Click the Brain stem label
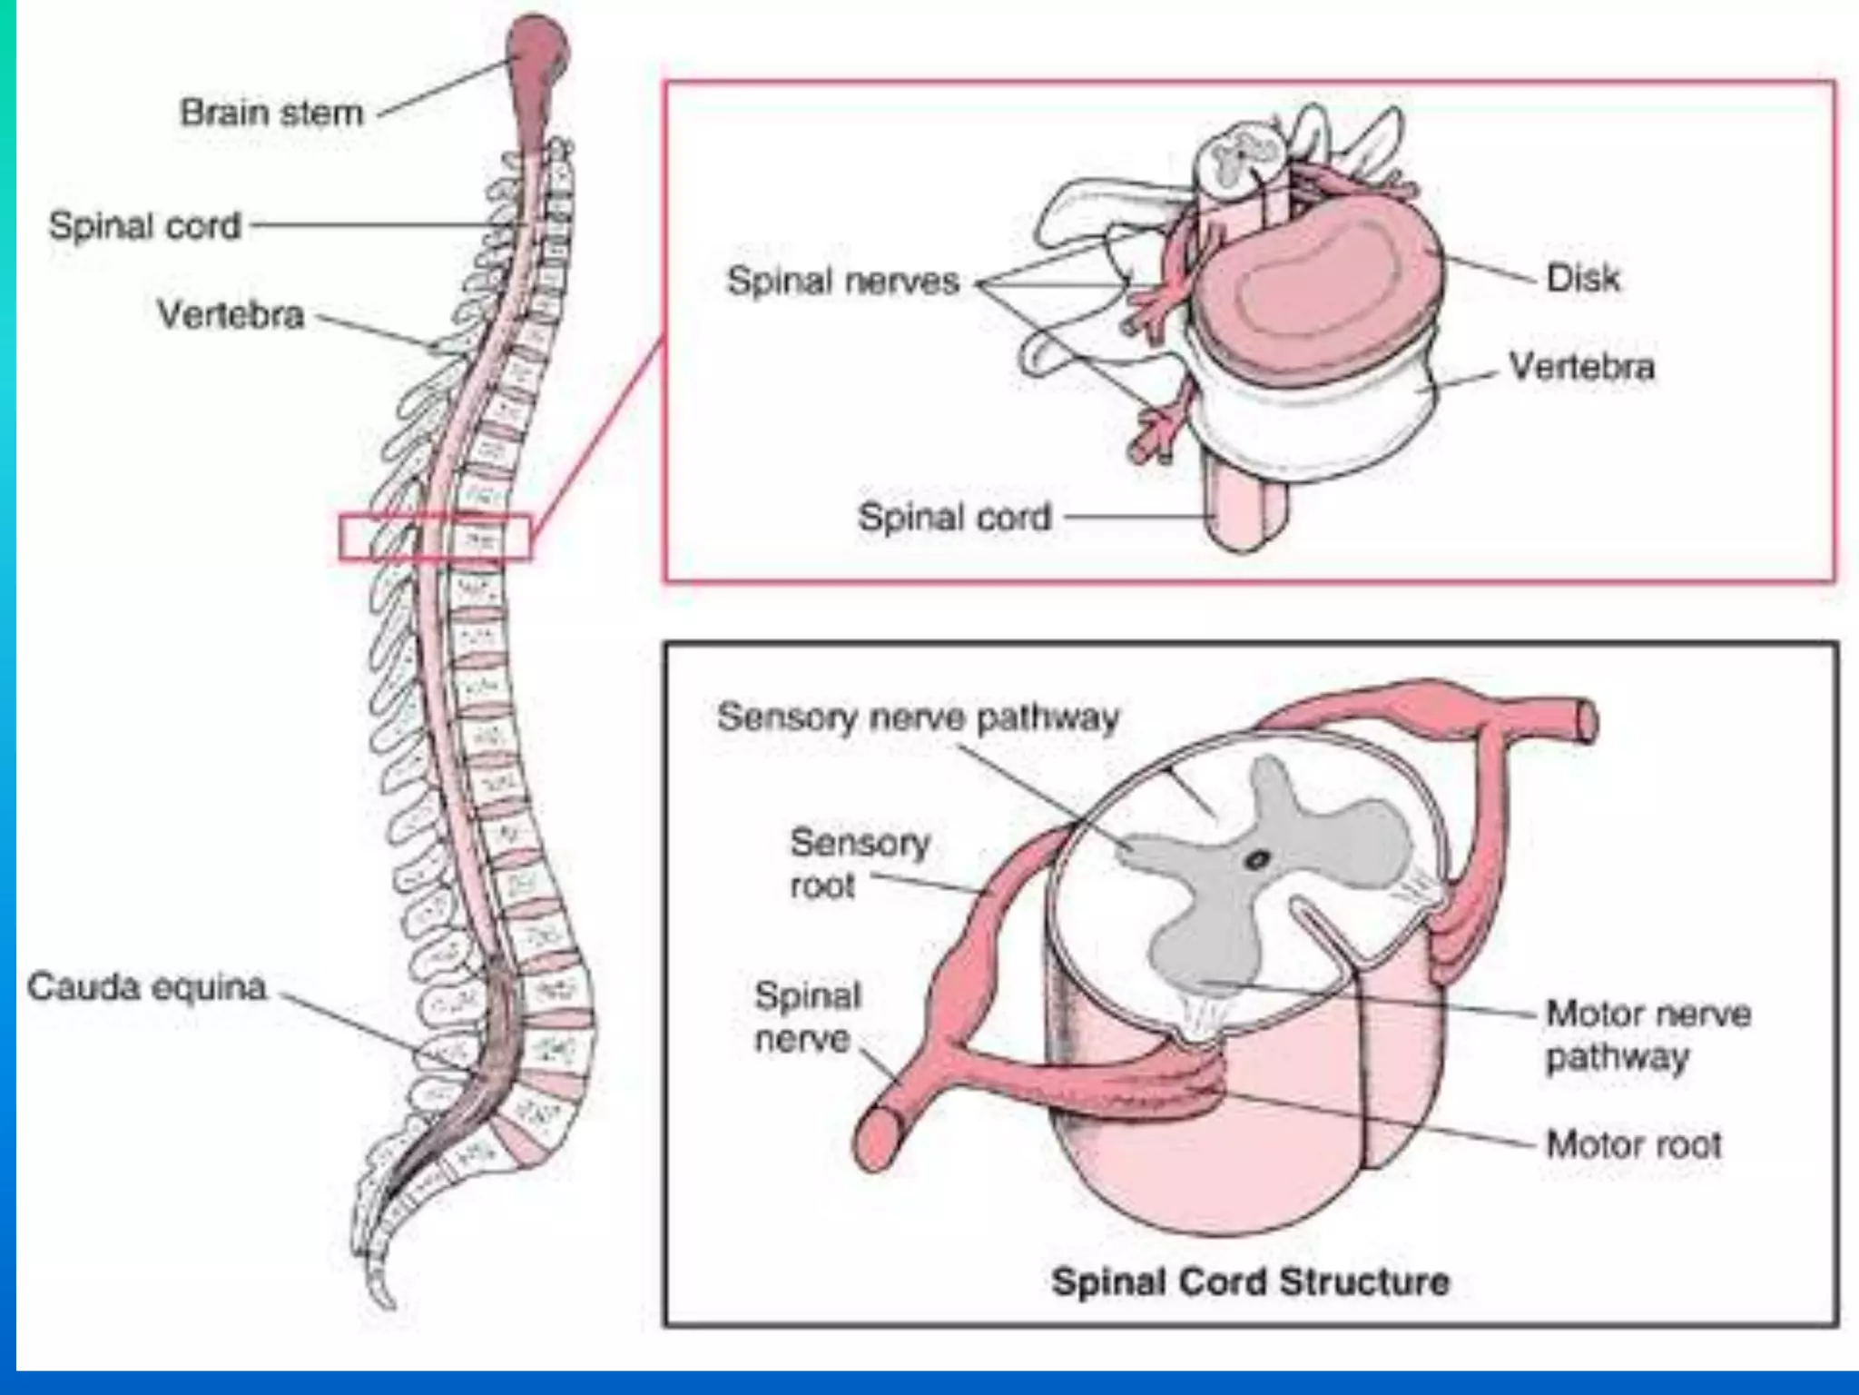pyautogui.click(x=270, y=114)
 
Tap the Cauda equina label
pyautogui.click(x=146, y=986)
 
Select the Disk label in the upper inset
pyautogui.click(x=1582, y=278)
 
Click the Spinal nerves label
pyautogui.click(x=842, y=281)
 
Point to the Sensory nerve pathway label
pyautogui.click(x=918, y=717)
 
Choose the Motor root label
pyautogui.click(x=1633, y=1144)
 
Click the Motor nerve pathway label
pyautogui.click(x=1648, y=1034)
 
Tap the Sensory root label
pyautogui.click(x=859, y=863)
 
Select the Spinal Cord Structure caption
pyautogui.click(x=1250, y=1281)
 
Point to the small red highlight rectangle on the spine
pyautogui.click(x=434, y=538)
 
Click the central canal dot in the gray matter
pyautogui.click(x=1257, y=859)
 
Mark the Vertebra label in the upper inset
pyautogui.click(x=1581, y=367)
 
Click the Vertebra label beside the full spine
pyautogui.click(x=231, y=315)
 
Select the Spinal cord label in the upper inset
pyautogui.click(x=954, y=518)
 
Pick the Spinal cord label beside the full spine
pyautogui.click(x=145, y=225)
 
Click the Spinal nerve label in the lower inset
pyautogui.click(x=806, y=1017)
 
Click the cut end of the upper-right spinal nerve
pyautogui.click(x=1585, y=723)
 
